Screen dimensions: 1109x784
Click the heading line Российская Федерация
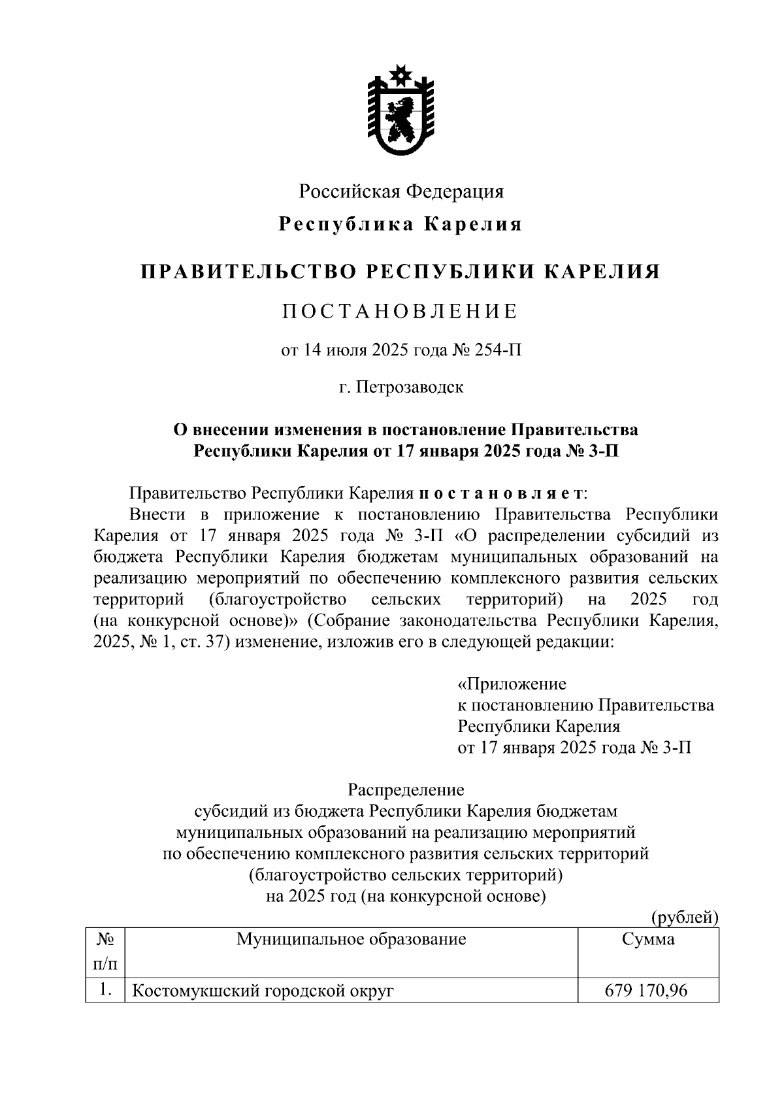click(401, 191)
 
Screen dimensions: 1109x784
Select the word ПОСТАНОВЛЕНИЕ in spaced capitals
click(400, 311)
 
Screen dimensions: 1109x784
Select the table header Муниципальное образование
click(351, 940)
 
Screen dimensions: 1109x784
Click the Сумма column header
click(648, 940)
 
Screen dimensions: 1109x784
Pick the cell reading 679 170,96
click(647, 991)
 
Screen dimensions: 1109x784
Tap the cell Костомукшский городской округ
click(263, 992)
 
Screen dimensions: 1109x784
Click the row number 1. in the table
click(105, 991)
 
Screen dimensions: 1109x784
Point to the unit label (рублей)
click(685, 918)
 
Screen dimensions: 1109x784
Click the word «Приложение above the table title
click(512, 684)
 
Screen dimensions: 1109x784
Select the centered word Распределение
click(406, 790)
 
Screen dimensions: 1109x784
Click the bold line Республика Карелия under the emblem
click(400, 225)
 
